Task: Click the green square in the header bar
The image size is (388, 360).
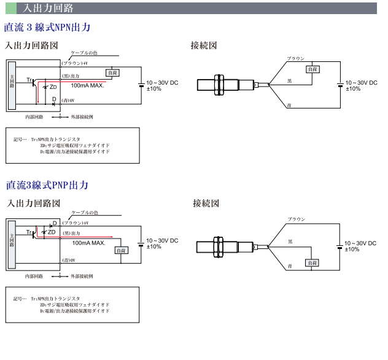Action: click(11, 8)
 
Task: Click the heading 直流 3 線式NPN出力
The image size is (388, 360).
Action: click(47, 28)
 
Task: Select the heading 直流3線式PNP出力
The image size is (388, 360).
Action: click(47, 185)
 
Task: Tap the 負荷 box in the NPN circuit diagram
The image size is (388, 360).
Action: click(112, 73)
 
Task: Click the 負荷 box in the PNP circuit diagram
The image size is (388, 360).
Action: click(122, 250)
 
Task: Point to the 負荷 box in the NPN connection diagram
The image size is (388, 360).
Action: click(312, 69)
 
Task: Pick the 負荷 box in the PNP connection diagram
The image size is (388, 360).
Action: click(312, 263)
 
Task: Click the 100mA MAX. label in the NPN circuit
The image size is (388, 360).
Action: click(87, 86)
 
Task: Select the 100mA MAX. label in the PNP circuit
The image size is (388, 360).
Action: click(88, 243)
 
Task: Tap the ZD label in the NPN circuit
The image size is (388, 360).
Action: click(53, 87)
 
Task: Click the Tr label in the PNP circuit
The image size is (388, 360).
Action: click(29, 232)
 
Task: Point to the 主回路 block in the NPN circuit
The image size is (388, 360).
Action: click(12, 85)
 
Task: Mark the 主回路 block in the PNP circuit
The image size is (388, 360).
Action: click(12, 245)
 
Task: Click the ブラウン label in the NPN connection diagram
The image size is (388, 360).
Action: click(296, 59)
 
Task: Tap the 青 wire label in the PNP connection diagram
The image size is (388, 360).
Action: click(290, 266)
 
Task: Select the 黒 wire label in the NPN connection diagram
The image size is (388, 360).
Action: click(290, 81)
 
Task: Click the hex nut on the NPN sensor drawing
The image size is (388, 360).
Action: click(219, 85)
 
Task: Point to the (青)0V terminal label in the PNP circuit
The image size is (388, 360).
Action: click(69, 260)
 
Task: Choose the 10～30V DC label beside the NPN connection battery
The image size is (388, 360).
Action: click(361, 83)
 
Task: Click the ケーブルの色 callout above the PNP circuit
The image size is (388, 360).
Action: click(85, 212)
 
